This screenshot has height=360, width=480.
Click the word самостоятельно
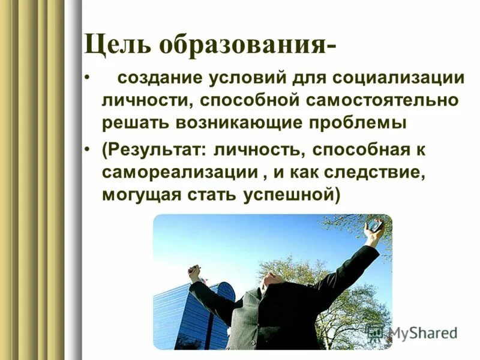(x=393, y=100)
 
